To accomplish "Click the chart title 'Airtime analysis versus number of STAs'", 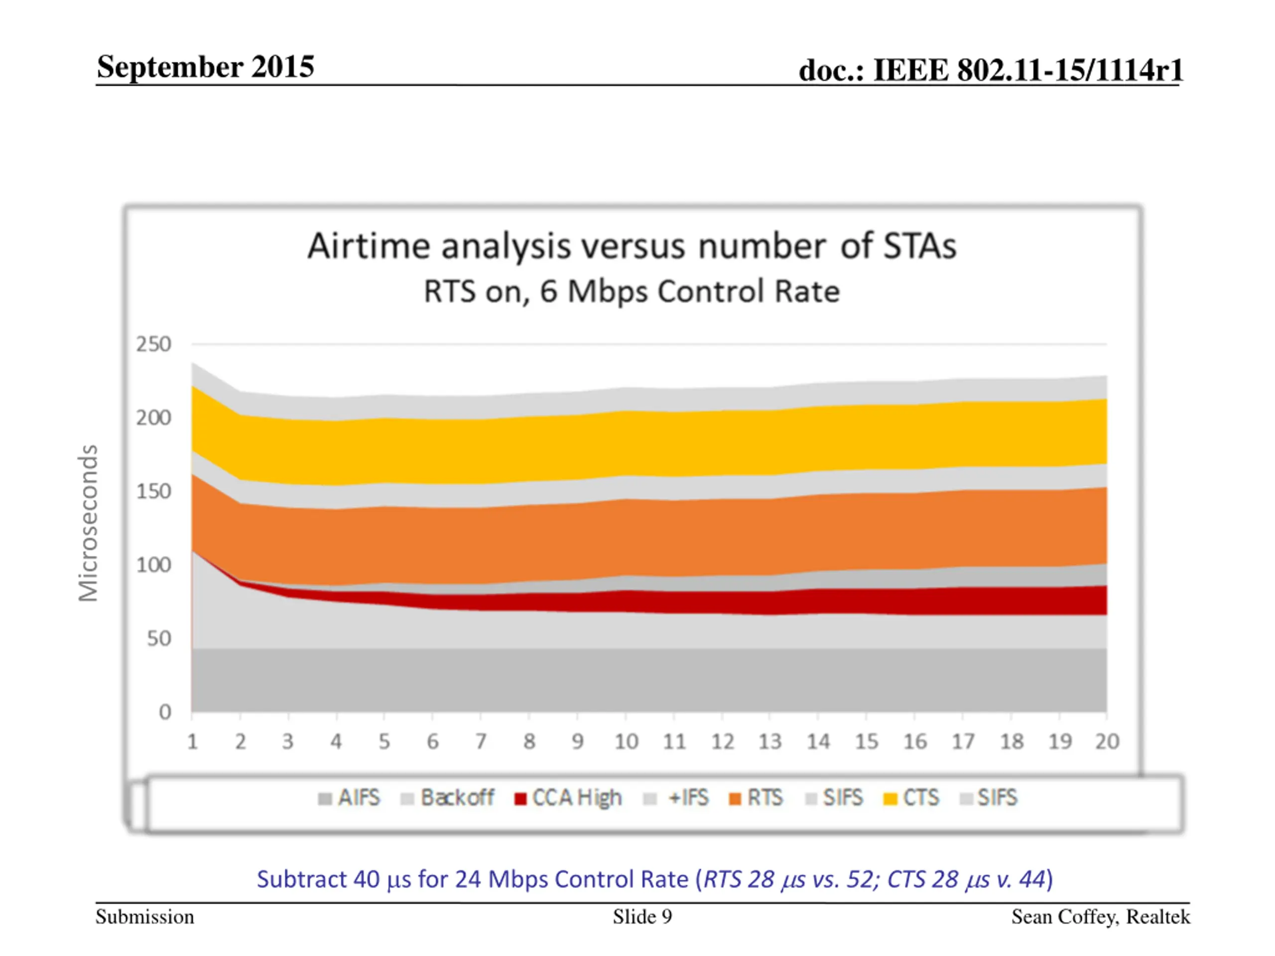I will (x=632, y=246).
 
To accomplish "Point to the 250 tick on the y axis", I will (x=154, y=345).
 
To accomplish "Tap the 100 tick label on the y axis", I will (x=154, y=565).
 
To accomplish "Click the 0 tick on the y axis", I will (x=165, y=712).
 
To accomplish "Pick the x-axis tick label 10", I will (x=626, y=741).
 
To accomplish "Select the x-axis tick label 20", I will (x=1107, y=741).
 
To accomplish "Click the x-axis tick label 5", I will (x=384, y=741).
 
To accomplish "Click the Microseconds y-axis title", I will (x=88, y=523).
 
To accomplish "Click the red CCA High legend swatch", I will (x=520, y=799).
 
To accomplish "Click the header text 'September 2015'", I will (x=205, y=67).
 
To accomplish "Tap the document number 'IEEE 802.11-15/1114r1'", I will (x=1028, y=70).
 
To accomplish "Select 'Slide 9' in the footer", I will (x=642, y=917).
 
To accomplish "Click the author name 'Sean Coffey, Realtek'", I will (x=1100, y=917).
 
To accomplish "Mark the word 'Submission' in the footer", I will (x=144, y=917).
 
